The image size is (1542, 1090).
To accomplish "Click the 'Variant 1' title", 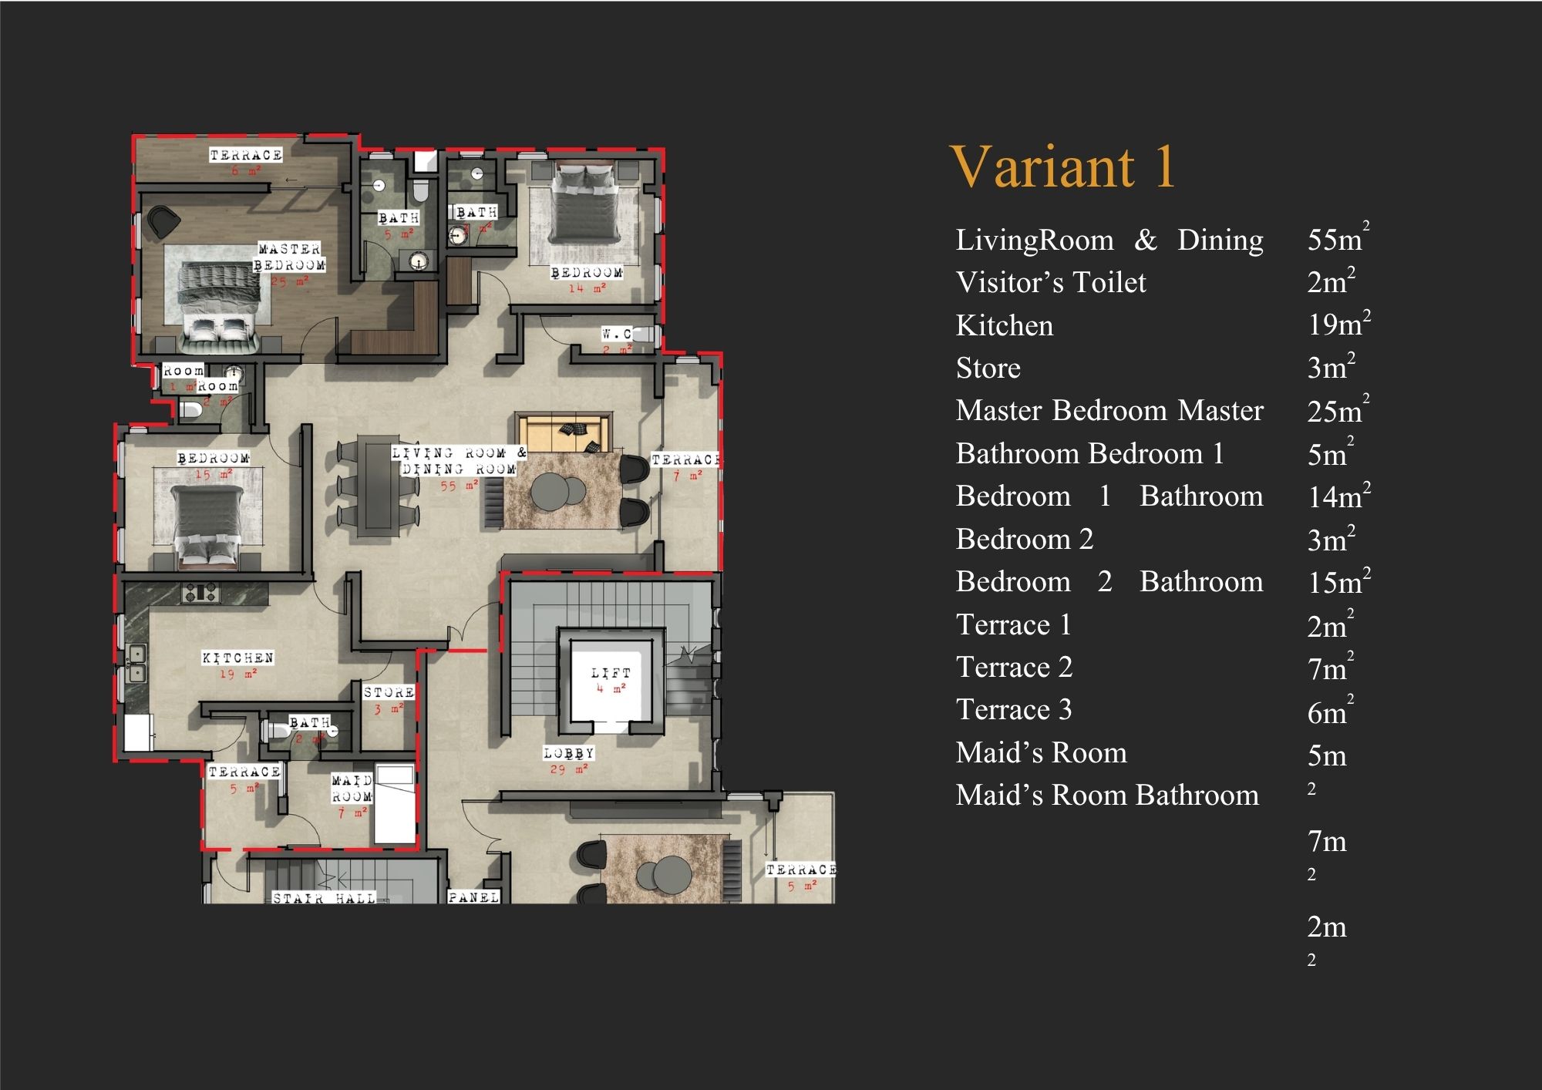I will pos(1062,167).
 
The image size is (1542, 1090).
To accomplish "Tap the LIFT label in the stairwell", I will pos(611,674).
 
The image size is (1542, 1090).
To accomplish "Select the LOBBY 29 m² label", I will pos(568,760).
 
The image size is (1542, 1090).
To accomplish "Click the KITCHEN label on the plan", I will pos(237,658).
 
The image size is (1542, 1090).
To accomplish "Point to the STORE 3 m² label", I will pos(389,699).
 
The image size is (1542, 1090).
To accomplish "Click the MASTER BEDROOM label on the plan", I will pos(289,257).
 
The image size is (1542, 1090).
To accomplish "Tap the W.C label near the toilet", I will pos(617,334).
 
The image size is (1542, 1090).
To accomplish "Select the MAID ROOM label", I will pos(352,789).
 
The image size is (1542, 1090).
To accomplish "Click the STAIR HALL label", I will pos(324,898).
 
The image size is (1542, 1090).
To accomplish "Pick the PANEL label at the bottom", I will pos(473,897).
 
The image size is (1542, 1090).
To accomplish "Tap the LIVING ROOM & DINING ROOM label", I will pos(458,461).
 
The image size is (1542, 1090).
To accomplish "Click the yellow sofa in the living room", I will pos(564,433).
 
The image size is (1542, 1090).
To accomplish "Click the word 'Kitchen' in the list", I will pos(1004,325).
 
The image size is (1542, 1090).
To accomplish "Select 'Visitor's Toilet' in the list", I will pos(1050,282).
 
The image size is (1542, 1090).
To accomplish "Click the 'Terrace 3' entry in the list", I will pos(1013,709).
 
